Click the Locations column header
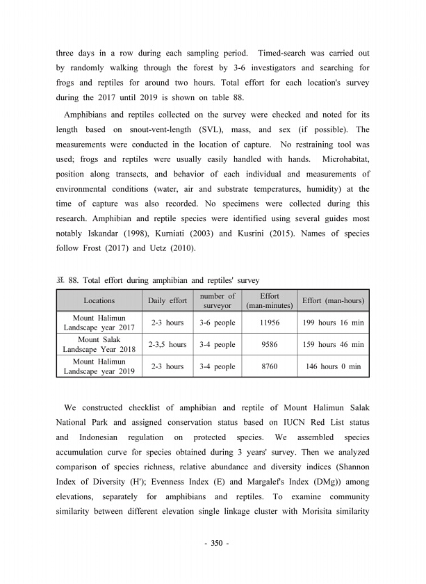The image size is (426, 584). (99, 301)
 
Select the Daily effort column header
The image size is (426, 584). (167, 301)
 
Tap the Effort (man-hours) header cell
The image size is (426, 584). (334, 301)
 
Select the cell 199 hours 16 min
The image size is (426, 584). (334, 323)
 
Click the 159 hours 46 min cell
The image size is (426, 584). (334, 344)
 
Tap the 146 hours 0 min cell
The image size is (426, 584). (334, 366)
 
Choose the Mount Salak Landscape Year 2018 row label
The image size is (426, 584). (99, 344)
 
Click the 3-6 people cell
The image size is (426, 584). (218, 323)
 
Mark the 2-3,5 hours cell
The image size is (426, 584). (167, 344)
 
